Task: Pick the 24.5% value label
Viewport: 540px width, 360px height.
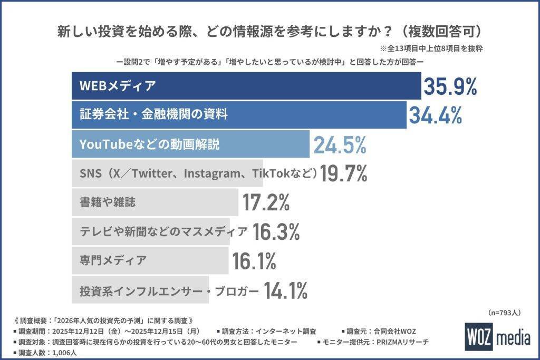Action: point(340,144)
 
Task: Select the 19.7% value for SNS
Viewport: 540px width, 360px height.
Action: point(343,173)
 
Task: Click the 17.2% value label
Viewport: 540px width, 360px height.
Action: point(266,202)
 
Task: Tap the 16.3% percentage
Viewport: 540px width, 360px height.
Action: point(276,231)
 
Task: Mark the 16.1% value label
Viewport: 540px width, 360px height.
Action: point(254,260)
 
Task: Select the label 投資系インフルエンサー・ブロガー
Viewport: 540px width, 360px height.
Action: point(169,289)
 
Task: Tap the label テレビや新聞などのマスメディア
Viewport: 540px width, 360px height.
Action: point(163,231)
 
